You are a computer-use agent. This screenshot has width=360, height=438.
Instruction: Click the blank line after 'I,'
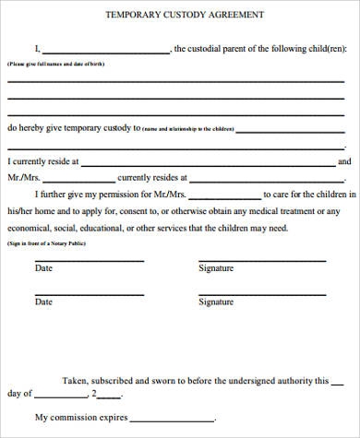point(105,53)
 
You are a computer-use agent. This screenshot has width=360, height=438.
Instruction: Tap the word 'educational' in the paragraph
point(114,228)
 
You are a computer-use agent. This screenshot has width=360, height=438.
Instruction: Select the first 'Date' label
point(43,268)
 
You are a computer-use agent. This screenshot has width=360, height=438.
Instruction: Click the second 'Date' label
point(43,302)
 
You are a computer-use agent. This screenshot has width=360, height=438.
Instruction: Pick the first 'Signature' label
point(216,268)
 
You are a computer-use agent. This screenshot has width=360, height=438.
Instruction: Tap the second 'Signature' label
point(216,302)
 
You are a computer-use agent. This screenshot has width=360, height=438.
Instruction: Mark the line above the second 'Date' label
point(89,294)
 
